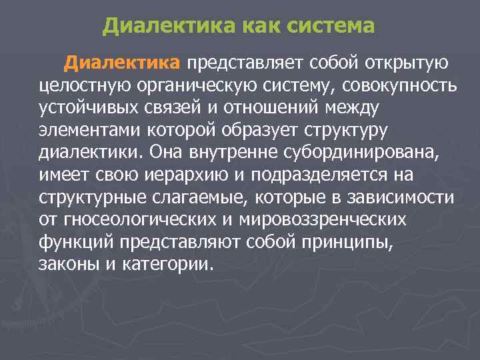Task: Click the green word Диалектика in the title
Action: (x=168, y=27)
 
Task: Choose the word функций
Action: (x=74, y=242)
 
